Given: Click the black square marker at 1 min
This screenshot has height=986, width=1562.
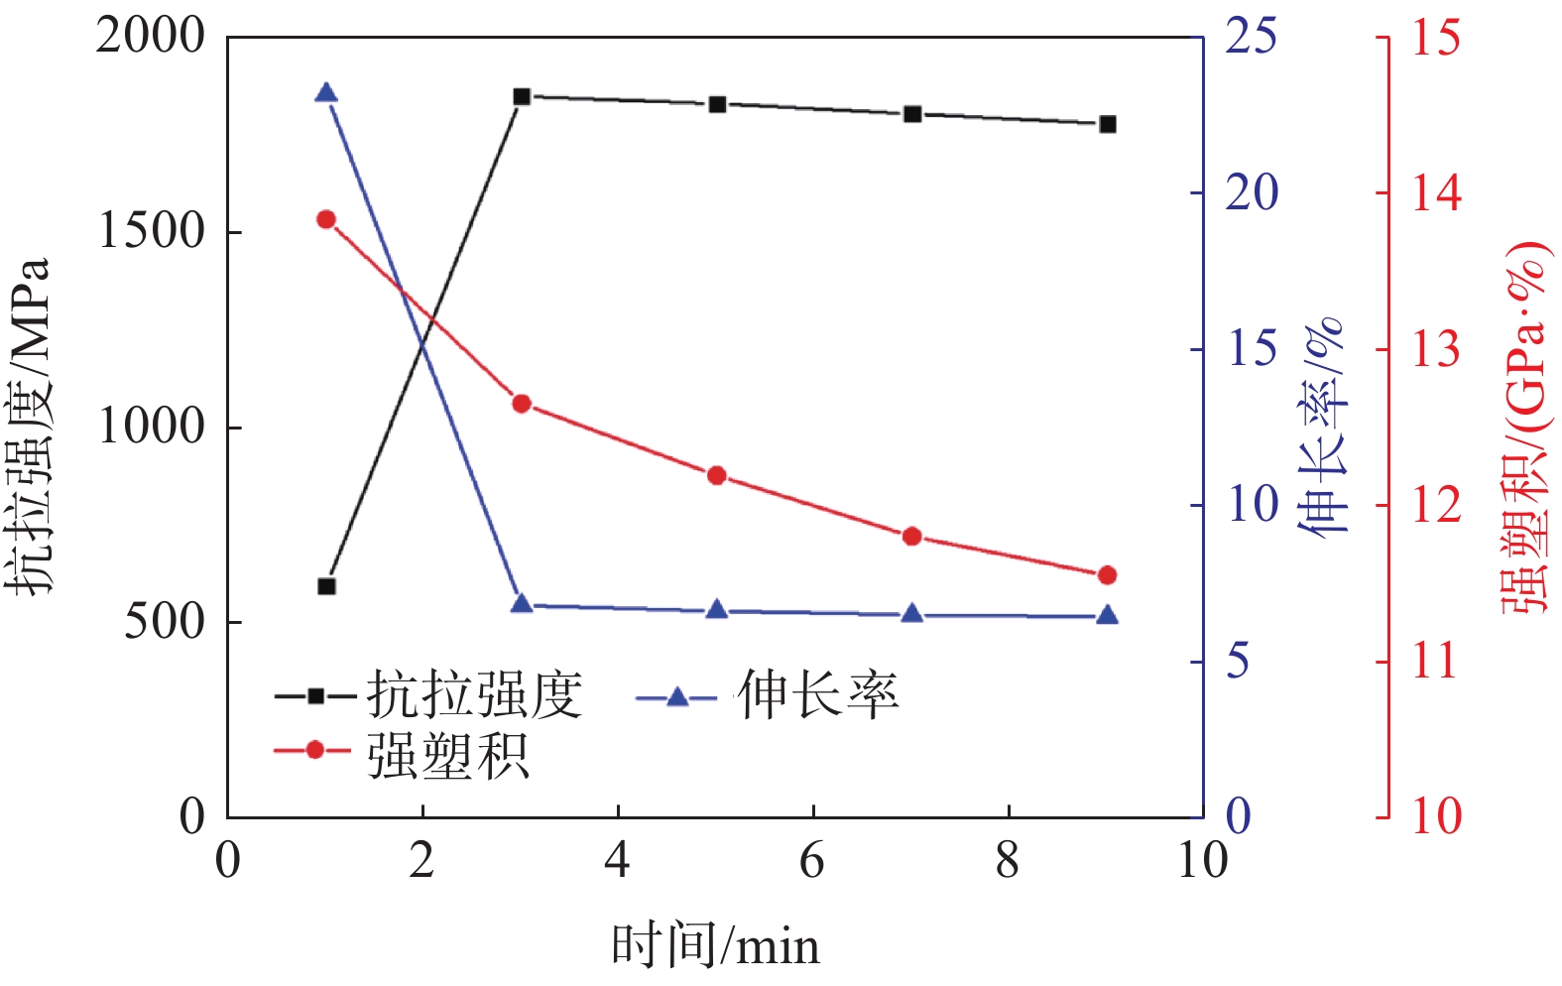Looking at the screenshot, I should pyautogui.click(x=326, y=586).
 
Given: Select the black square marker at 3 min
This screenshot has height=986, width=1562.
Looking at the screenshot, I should pyautogui.click(x=522, y=96).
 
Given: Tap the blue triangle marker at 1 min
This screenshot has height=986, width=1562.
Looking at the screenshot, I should pyautogui.click(x=326, y=93).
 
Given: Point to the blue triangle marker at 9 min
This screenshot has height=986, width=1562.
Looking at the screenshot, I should pyautogui.click(x=1108, y=616).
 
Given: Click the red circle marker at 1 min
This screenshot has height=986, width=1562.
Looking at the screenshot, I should pyautogui.click(x=326, y=219).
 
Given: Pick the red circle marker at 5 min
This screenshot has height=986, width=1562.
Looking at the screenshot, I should pyautogui.click(x=717, y=476).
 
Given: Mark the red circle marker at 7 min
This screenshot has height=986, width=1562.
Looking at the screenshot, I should pyautogui.click(x=912, y=537).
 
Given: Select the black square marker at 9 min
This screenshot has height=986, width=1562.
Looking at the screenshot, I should pyautogui.click(x=1108, y=124).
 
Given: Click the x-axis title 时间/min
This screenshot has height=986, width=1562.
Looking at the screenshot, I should pyautogui.click(x=715, y=945).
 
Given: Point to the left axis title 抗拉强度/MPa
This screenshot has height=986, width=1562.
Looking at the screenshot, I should pyautogui.click(x=30, y=427).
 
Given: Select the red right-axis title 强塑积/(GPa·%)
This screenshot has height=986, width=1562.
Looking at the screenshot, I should pyautogui.click(x=1525, y=427).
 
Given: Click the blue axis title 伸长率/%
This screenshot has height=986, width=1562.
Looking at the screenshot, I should pyautogui.click(x=1325, y=427).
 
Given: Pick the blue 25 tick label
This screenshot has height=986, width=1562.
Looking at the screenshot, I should pyautogui.click(x=1251, y=37).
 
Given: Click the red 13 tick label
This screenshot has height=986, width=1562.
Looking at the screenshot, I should pyautogui.click(x=1436, y=349).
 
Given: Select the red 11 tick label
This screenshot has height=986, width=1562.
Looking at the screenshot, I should pyautogui.click(x=1436, y=662).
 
